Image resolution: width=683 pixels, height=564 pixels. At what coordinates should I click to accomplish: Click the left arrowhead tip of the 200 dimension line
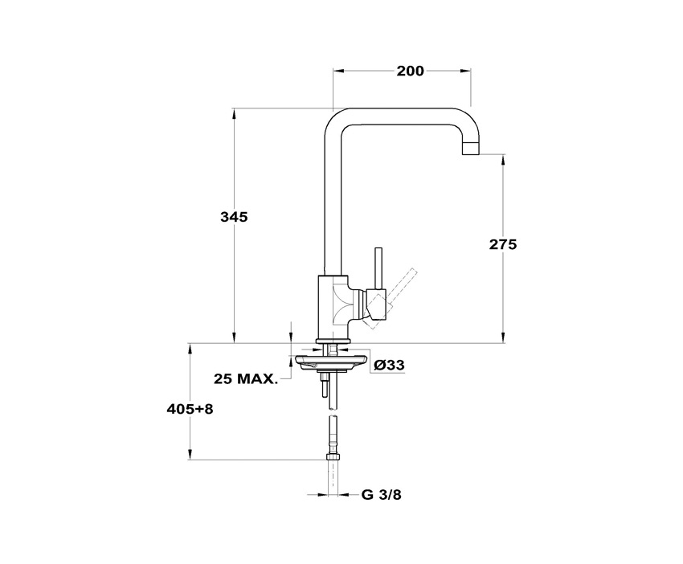tap(333, 70)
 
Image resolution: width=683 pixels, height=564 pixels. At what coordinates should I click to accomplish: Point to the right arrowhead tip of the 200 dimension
tap(470, 70)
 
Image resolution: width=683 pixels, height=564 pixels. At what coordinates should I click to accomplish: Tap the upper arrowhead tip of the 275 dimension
tap(503, 154)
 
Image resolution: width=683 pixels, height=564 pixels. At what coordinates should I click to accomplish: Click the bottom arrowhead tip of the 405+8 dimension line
tap(190, 459)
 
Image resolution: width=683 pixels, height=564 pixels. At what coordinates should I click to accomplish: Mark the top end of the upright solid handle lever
tap(379, 249)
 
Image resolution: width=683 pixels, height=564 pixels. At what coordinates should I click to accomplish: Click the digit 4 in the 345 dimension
tap(234, 216)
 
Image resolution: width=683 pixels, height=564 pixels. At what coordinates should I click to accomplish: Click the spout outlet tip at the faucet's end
tap(470, 149)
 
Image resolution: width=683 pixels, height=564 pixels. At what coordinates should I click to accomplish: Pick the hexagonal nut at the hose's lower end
tap(333, 456)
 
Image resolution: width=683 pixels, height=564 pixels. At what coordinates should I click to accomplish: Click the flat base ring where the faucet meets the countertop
tap(333, 341)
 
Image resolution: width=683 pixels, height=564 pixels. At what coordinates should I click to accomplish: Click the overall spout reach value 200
tap(410, 71)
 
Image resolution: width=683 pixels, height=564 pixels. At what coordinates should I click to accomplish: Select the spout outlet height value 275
tap(503, 244)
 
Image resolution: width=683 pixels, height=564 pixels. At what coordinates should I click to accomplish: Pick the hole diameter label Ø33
tap(390, 365)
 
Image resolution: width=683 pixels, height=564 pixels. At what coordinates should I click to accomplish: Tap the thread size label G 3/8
tap(381, 495)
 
